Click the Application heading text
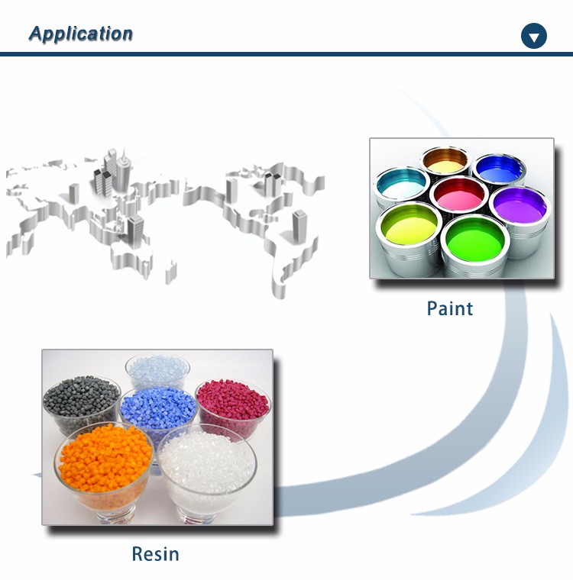[81, 34]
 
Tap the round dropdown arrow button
[534, 36]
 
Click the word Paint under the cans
[450, 308]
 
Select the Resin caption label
[156, 554]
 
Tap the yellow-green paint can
[409, 237]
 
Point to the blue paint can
[500, 169]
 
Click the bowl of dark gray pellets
[81, 404]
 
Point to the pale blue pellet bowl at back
[158, 371]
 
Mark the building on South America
[299, 223]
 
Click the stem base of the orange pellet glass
[115, 517]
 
